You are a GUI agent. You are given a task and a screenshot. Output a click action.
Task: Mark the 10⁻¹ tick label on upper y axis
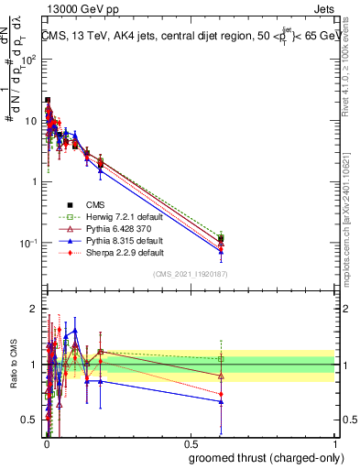pyautogui.click(x=29, y=243)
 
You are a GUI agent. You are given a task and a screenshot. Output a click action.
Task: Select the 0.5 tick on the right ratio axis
pyautogui.click(x=344, y=420)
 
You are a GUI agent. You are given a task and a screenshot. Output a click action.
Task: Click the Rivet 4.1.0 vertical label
pyautogui.click(x=352, y=55)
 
